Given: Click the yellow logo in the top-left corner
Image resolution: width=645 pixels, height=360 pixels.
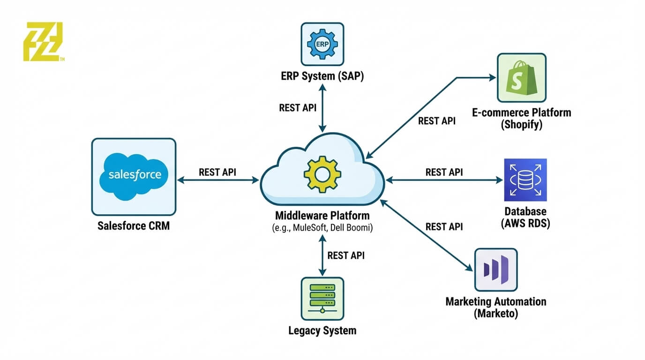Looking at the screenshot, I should (x=43, y=41).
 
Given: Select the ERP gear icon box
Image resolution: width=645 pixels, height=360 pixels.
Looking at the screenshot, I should (x=322, y=44).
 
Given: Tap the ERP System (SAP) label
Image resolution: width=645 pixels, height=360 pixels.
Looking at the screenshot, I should (x=322, y=76).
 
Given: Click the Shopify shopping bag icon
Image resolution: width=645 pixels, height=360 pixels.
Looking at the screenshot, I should (x=521, y=77).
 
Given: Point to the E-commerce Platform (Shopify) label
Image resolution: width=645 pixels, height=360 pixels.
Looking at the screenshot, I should (x=521, y=119).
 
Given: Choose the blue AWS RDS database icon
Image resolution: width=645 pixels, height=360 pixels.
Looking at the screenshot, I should (x=525, y=180).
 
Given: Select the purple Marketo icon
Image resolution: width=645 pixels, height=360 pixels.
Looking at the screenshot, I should (x=495, y=270).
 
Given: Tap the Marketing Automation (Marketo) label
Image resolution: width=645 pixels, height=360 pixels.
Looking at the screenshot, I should (x=495, y=307).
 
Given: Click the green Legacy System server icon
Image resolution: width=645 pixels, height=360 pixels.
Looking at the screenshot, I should (x=322, y=299).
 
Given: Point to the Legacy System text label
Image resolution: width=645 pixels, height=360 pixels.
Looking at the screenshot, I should (x=322, y=330).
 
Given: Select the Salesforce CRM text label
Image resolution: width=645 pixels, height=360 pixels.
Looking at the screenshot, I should (x=134, y=226).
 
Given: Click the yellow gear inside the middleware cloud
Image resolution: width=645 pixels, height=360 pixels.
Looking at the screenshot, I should (x=322, y=174).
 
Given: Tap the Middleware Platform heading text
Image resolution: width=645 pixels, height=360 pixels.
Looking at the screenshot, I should (x=322, y=216).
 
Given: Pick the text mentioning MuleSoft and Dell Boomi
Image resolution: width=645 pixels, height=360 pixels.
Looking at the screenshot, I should (x=322, y=228).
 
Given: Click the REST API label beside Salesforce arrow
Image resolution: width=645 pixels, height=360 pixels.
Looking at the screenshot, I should (x=217, y=172).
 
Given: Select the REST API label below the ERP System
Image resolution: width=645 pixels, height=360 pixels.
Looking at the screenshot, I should (x=298, y=108).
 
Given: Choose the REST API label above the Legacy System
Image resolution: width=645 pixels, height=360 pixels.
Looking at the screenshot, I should (x=346, y=255).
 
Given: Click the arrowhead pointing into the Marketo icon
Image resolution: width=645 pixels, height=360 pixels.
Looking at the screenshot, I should (x=470, y=268).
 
